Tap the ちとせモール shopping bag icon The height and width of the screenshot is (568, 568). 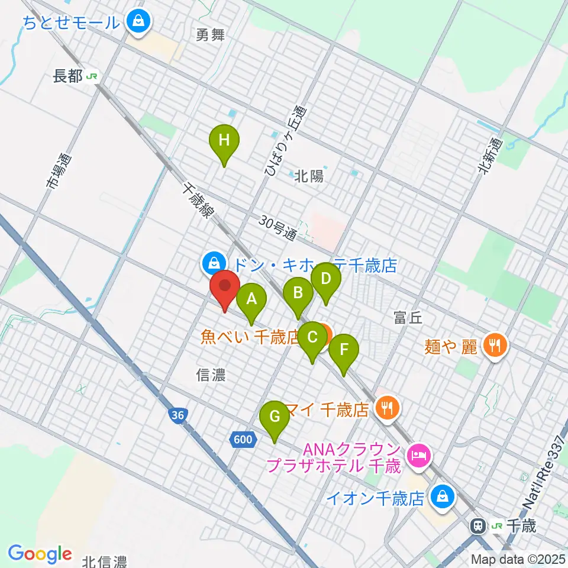tap(138, 22)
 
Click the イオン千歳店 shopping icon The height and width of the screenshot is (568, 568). tap(441, 498)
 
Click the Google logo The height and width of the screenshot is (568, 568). tap(40, 554)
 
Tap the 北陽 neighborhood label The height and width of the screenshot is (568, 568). tap(309, 176)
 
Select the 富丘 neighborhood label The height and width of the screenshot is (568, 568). tap(408, 318)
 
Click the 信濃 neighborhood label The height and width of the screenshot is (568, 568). tap(211, 374)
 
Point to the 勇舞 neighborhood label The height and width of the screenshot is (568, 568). tap(211, 35)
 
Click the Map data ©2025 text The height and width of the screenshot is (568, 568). tap(517, 559)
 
